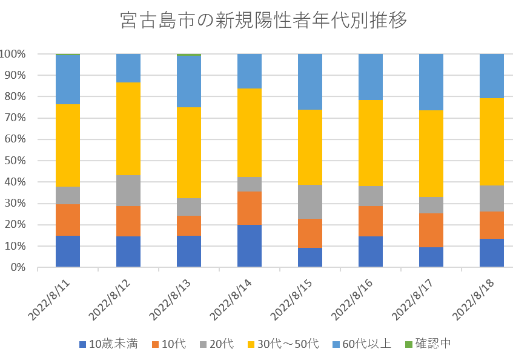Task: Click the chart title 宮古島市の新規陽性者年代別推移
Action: click(x=263, y=21)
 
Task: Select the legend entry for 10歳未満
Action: click(x=108, y=344)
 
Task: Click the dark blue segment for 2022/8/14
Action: click(x=250, y=246)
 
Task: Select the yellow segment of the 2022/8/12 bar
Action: click(x=128, y=128)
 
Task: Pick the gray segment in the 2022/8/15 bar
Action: click(x=310, y=202)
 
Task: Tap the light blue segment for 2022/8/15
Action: click(x=310, y=82)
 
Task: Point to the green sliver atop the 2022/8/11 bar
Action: click(x=68, y=55)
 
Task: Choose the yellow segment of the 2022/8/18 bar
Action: click(x=492, y=141)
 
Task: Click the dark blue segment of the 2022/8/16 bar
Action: click(x=371, y=252)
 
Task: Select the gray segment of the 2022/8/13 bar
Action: click(x=189, y=207)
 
